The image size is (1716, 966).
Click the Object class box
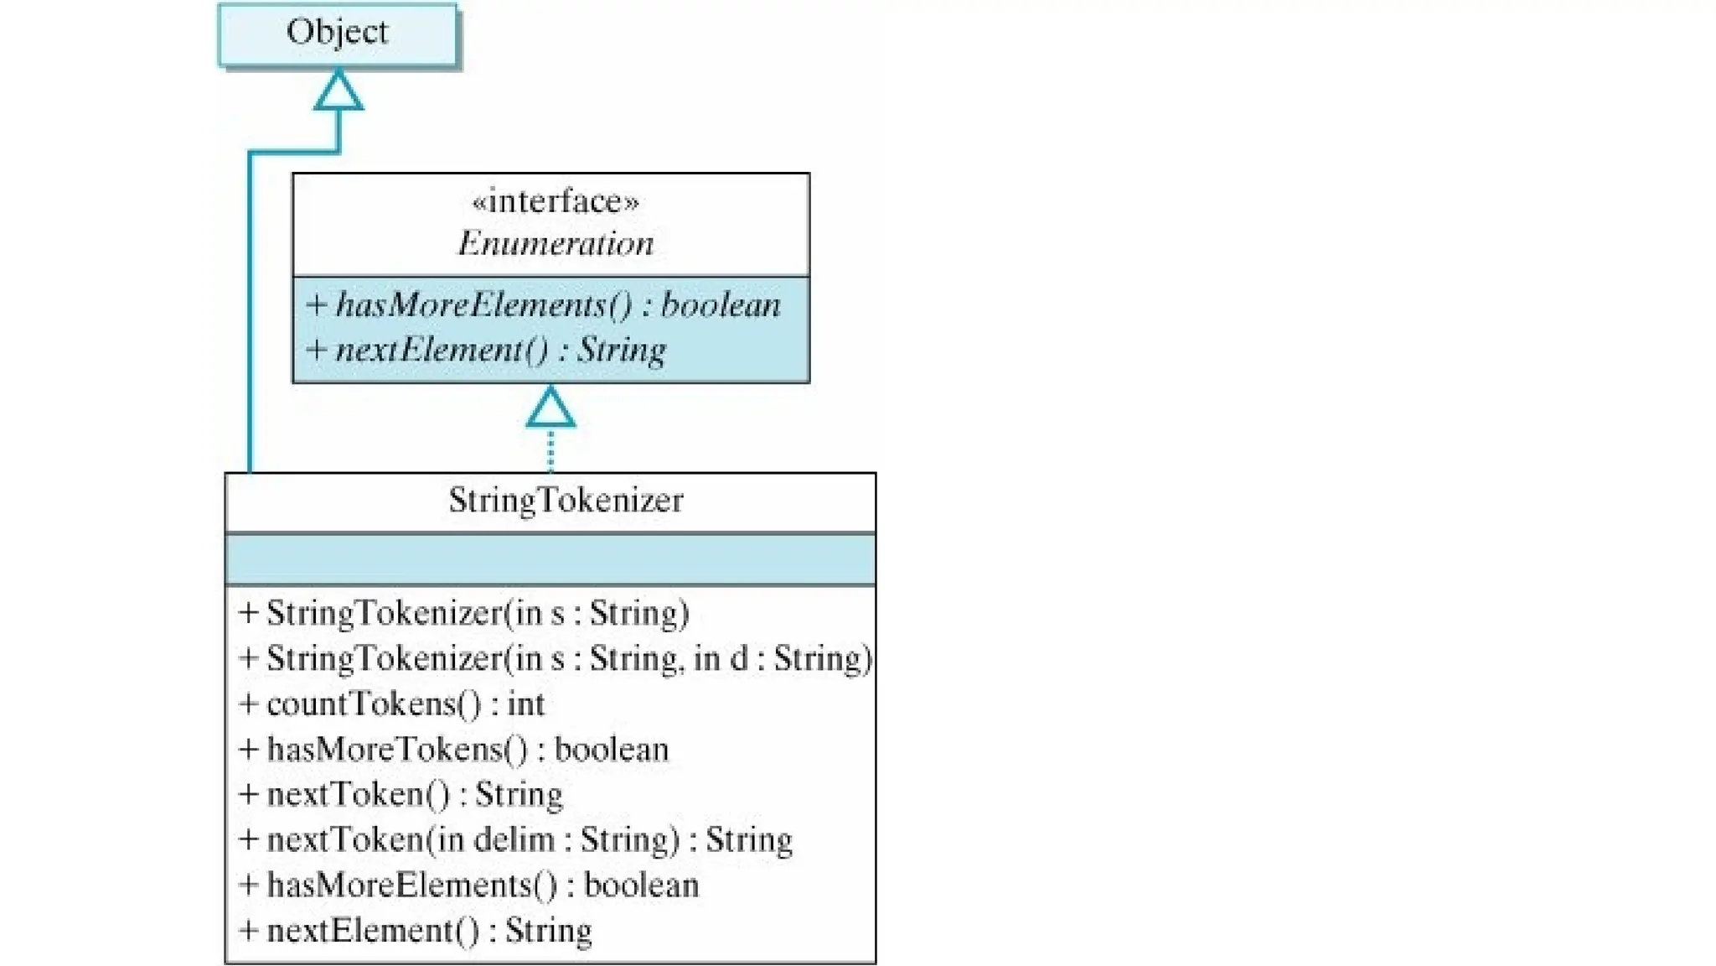pos(338,34)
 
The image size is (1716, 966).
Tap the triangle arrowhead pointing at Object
pos(339,91)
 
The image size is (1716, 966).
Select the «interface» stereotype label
pos(555,201)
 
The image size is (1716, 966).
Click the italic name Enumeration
pos(555,244)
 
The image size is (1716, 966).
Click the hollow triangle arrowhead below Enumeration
pos(550,408)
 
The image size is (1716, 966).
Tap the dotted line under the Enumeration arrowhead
pos(550,450)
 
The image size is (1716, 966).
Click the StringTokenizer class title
pos(566,501)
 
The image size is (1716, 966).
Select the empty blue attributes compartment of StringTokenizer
pos(550,558)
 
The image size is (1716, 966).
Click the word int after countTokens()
pos(526,704)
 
